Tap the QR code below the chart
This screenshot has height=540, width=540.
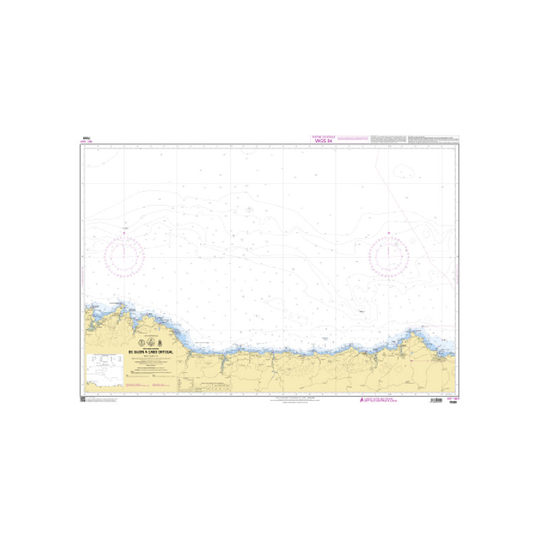click(x=83, y=400)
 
